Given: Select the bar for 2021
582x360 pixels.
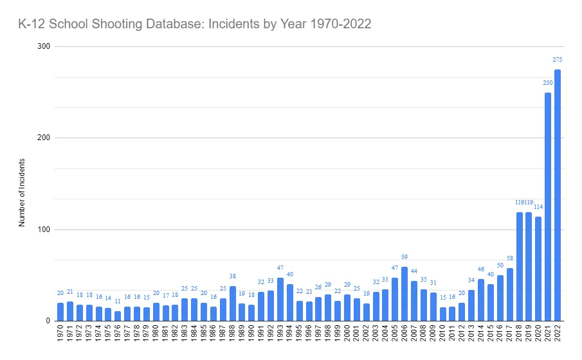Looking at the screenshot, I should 548,206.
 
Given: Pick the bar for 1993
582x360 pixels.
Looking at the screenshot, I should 280,299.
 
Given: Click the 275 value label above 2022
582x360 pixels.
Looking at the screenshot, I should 558,60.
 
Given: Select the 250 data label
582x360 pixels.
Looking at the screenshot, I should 548,83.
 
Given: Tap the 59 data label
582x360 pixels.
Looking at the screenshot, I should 405,257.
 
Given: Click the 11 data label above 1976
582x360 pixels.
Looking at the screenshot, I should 118,301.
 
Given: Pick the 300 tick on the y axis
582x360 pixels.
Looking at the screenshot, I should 44,47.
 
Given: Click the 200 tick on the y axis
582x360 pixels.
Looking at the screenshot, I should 44,138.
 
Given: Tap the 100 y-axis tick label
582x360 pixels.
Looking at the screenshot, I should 44,230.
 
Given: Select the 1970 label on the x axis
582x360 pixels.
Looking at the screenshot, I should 60,335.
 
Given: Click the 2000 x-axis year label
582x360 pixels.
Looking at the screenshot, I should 347,335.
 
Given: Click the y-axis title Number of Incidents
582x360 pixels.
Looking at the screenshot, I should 22,192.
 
